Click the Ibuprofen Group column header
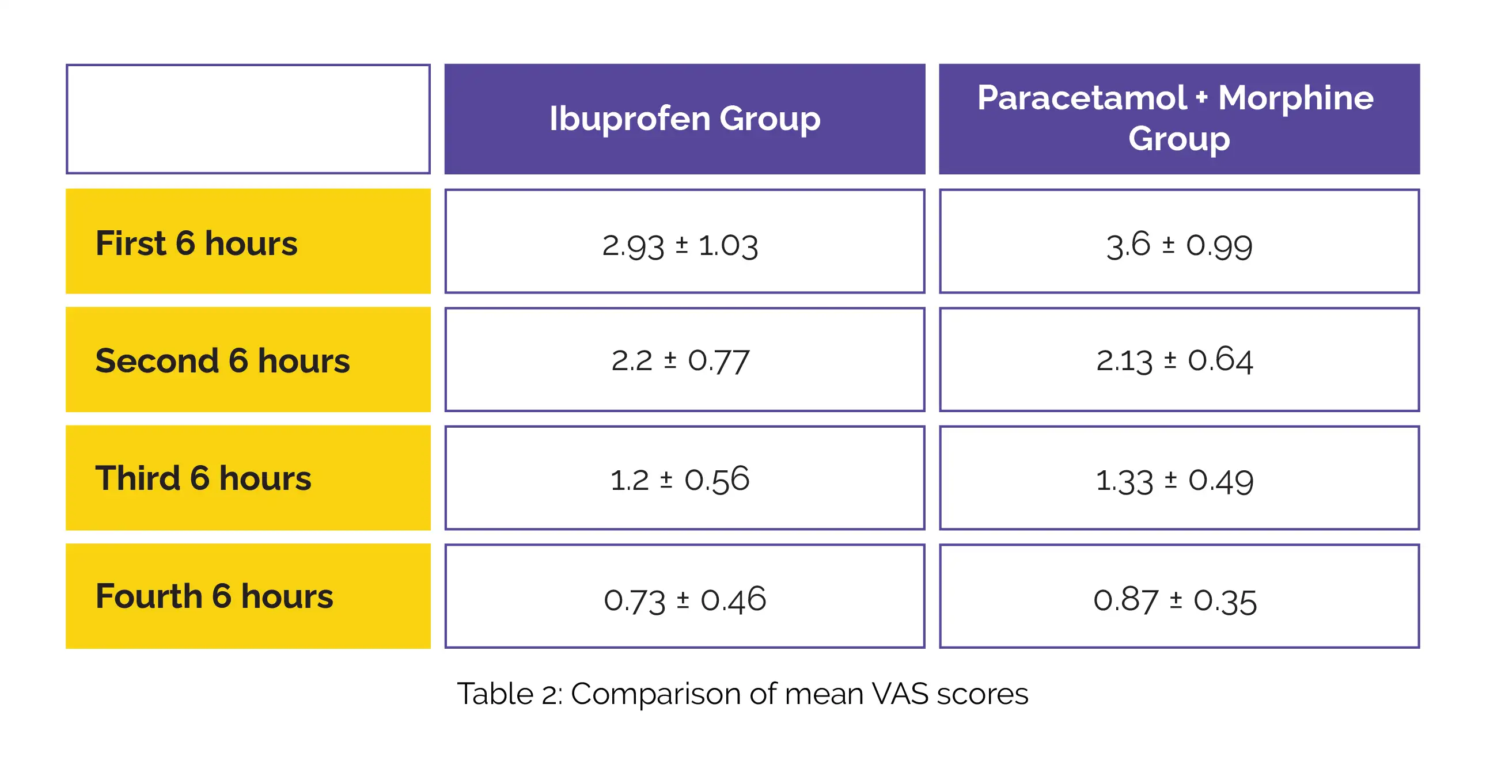pyautogui.click(x=685, y=119)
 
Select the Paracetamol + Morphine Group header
pyautogui.click(x=1179, y=119)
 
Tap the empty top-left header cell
pyautogui.click(x=248, y=119)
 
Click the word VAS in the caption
pyautogui.click(x=900, y=694)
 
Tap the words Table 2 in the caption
pyautogui.click(x=507, y=694)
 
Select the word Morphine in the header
pyautogui.click(x=1295, y=98)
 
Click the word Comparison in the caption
pyautogui.click(x=655, y=694)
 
